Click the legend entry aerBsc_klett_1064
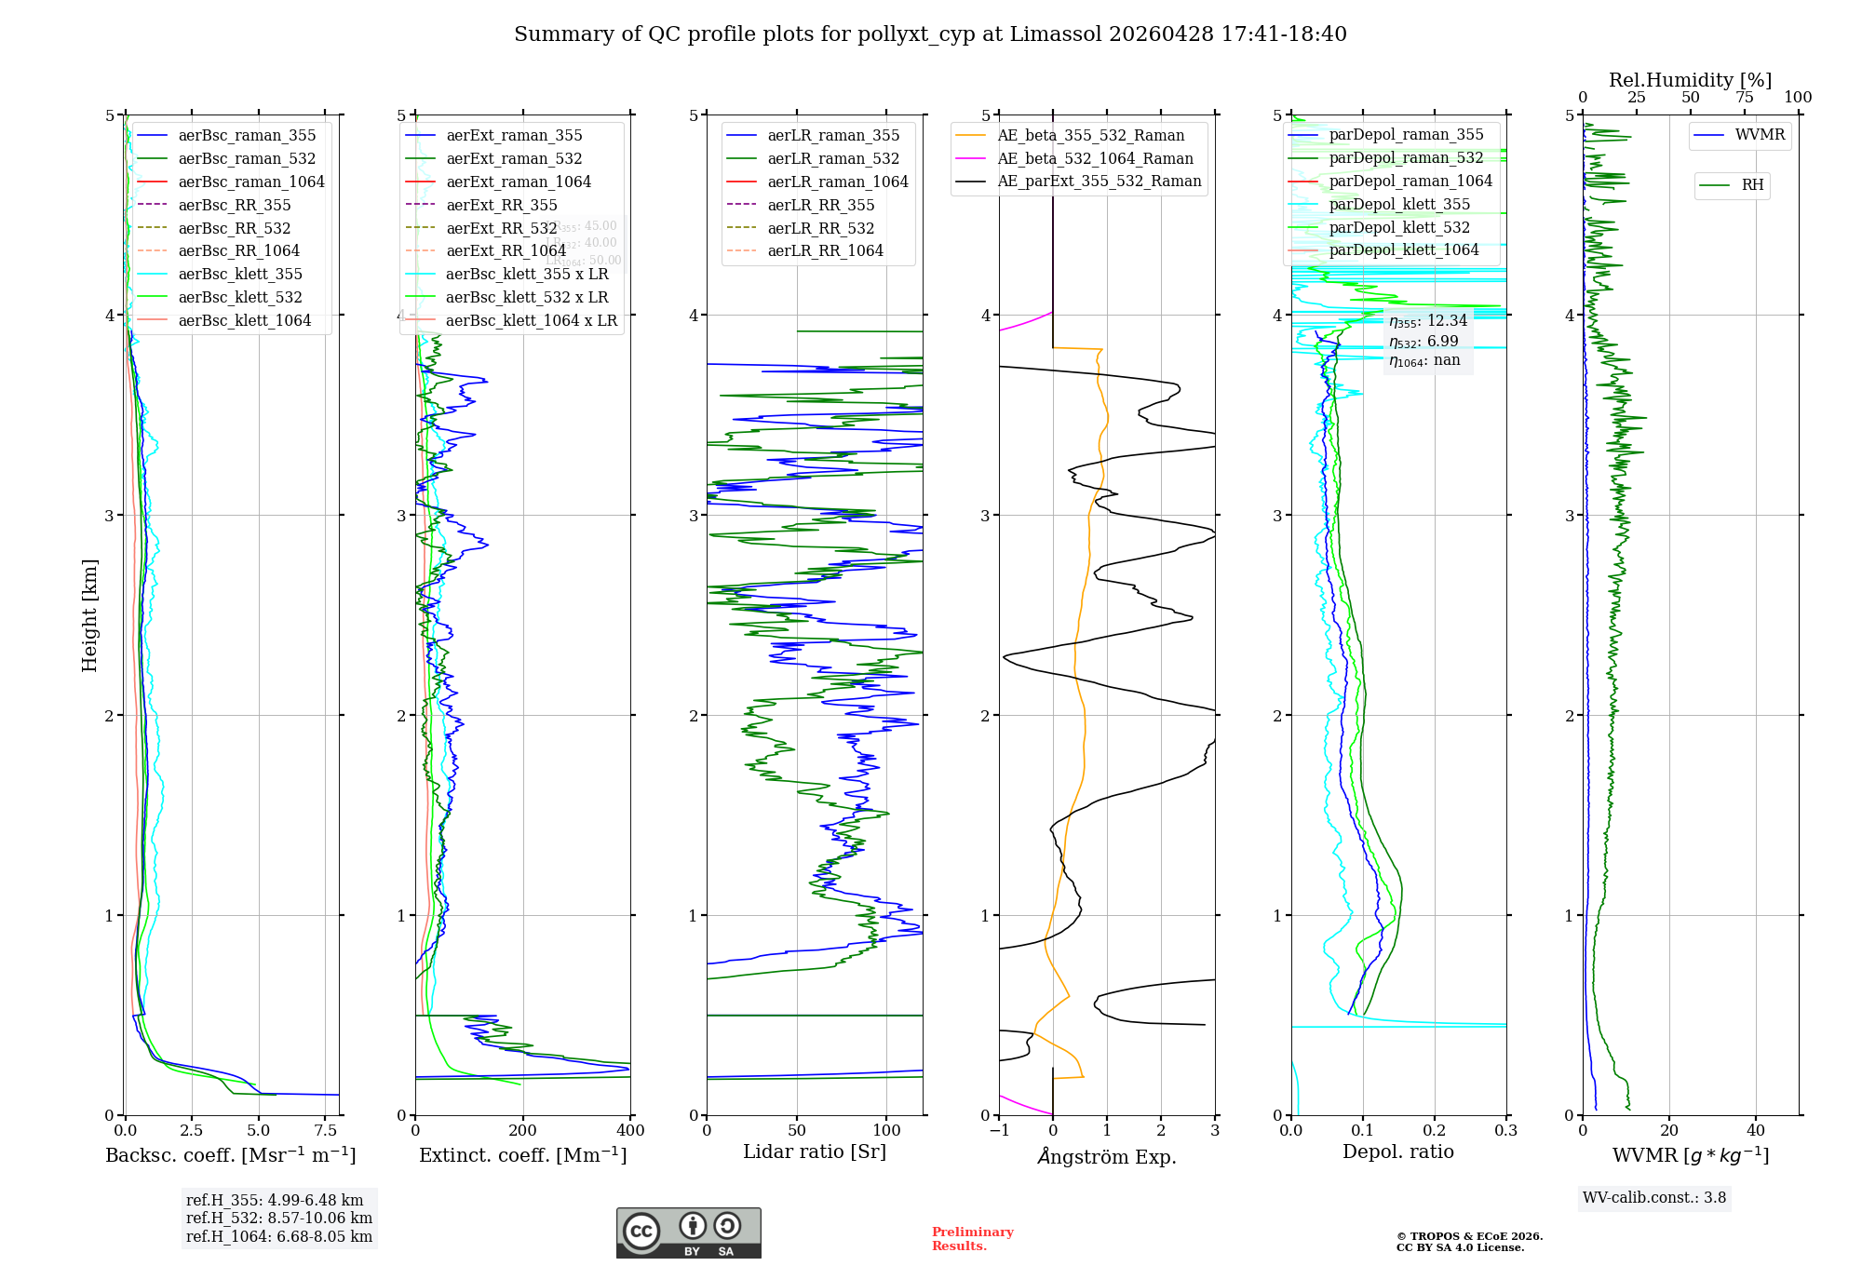tap(244, 320)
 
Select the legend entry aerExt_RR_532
tap(501, 228)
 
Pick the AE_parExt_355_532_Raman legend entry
tap(1099, 181)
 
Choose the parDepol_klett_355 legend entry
tap(1398, 204)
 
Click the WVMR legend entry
tap(1760, 135)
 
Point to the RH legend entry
tap(1752, 185)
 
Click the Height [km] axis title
tap(89, 615)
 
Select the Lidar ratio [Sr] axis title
tap(815, 1152)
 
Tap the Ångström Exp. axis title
tap(1106, 1156)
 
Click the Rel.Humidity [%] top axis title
tap(1690, 80)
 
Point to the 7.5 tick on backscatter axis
tap(325, 1130)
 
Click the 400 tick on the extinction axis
tap(630, 1130)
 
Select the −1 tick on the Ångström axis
tap(999, 1130)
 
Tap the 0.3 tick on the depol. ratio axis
tap(1505, 1130)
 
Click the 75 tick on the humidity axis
tap(1744, 97)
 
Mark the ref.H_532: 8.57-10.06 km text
tap(278, 1218)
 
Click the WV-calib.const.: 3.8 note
tap(1653, 1197)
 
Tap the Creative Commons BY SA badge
tap(688, 1232)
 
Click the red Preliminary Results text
tap(972, 1238)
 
